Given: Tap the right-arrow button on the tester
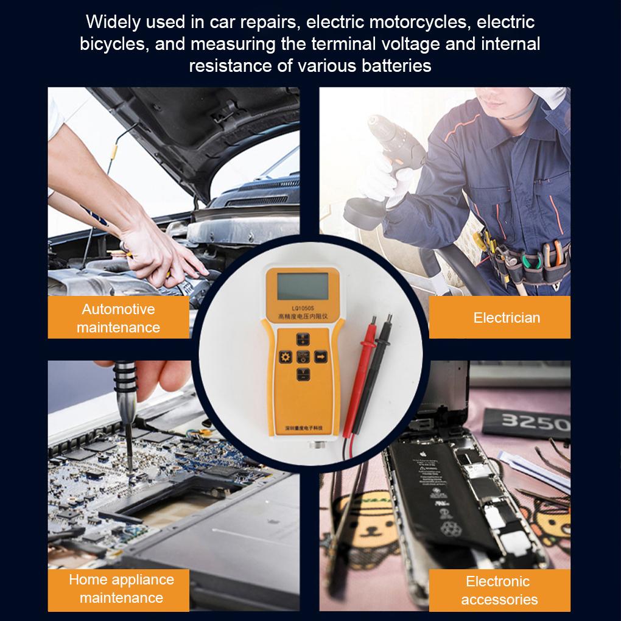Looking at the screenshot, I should pos(320,356).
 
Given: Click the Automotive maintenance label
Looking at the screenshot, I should pos(118,318).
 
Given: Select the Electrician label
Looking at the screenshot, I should pos(507,317).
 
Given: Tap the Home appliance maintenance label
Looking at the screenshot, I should pos(121,588).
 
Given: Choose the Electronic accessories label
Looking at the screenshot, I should pos(499,590).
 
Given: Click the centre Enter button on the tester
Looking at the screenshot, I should pos(303,356).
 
